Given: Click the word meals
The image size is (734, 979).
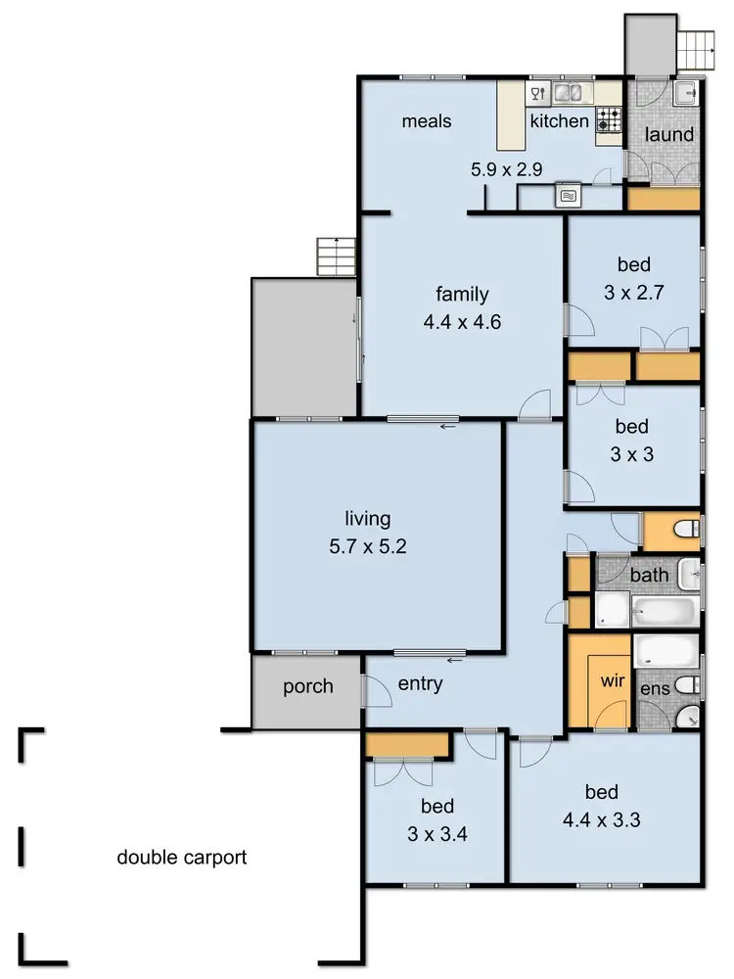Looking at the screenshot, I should [x=427, y=121].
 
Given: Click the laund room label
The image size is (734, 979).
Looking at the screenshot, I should [x=669, y=134].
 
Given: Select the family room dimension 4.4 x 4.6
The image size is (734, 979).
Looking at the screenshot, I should [x=462, y=320].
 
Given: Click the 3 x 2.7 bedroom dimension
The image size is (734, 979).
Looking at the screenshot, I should [x=633, y=291].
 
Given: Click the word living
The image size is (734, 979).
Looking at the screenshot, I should [x=367, y=519].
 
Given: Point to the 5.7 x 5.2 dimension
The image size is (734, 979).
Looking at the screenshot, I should [x=367, y=546].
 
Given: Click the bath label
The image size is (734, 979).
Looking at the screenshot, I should [x=649, y=575].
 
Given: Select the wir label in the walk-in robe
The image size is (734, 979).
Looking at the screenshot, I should [x=613, y=679].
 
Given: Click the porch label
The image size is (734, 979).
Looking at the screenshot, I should [x=308, y=686].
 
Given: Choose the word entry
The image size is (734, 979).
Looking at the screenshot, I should [x=420, y=684].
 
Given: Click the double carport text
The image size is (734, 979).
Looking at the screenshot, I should [x=182, y=858].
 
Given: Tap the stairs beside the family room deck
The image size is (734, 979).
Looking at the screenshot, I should [x=334, y=256].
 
